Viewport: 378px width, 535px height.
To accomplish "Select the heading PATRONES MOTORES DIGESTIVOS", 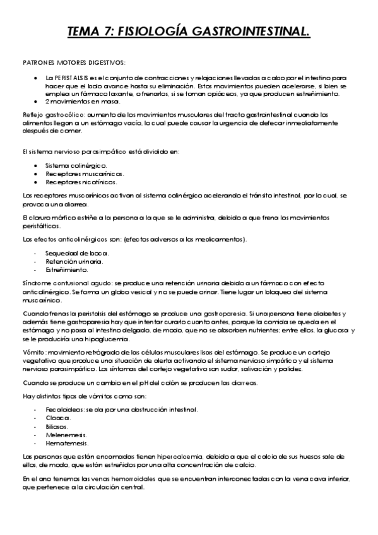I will pos(73,61).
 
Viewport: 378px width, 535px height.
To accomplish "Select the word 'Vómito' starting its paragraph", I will pos(32,351).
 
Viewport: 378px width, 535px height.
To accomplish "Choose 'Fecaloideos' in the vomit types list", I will pos(63,409).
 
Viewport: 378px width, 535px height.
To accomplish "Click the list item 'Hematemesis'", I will pos(66,443).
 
